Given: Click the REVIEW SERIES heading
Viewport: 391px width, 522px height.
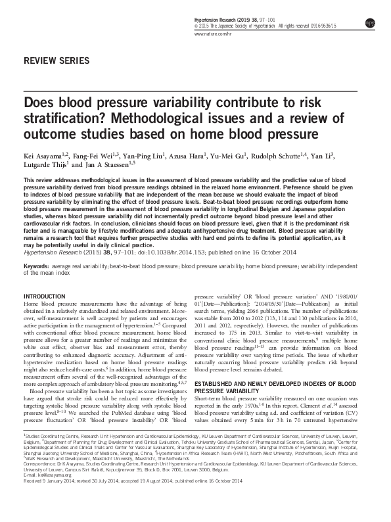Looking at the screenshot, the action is point(56,60).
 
